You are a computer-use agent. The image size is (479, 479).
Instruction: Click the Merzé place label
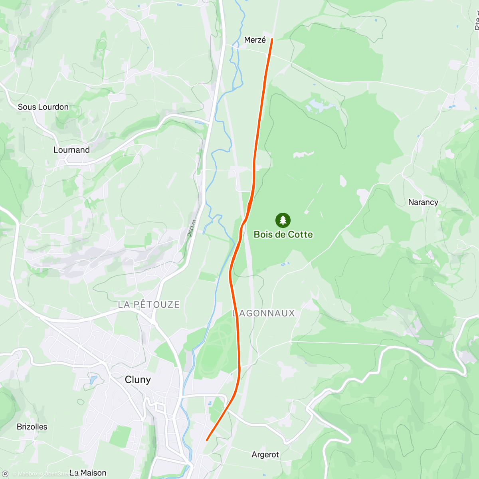point(255,40)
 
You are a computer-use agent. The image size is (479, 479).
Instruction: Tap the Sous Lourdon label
point(43,107)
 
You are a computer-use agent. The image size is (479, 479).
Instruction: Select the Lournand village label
point(71,150)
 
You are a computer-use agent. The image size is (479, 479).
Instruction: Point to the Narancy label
point(423,202)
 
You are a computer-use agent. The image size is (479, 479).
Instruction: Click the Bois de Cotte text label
point(283,235)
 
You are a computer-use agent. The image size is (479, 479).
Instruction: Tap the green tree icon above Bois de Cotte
point(283,220)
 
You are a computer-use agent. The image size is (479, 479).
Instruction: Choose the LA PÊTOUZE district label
point(148,305)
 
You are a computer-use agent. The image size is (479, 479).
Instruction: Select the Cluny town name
point(138,380)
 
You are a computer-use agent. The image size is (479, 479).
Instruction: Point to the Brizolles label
point(32,427)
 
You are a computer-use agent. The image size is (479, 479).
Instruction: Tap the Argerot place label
point(265,455)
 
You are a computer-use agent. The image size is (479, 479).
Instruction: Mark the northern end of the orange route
point(272,39)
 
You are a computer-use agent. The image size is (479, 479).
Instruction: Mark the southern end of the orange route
point(207,440)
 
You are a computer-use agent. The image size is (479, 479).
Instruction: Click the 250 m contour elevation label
point(192,228)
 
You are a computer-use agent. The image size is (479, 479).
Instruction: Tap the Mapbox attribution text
point(25,474)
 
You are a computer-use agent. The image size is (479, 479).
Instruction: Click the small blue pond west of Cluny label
point(93,380)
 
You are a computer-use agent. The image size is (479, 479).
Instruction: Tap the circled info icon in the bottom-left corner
point(5,473)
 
